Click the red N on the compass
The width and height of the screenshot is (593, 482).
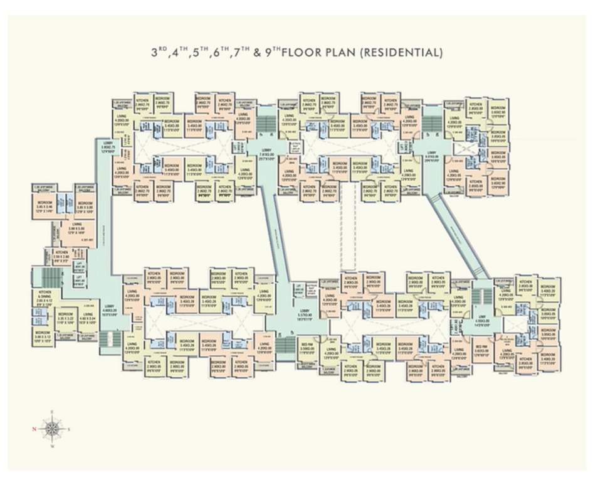[34, 429]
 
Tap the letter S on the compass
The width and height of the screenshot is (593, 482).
[69, 429]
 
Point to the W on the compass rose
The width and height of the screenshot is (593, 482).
[52, 446]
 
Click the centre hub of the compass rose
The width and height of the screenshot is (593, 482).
[52, 429]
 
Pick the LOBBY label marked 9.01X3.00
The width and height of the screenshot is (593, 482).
[433, 155]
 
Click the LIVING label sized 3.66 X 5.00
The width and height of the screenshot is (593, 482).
[76, 227]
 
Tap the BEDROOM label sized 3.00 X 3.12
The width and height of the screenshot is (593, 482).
[43, 335]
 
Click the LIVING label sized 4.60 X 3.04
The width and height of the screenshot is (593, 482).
[88, 317]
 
